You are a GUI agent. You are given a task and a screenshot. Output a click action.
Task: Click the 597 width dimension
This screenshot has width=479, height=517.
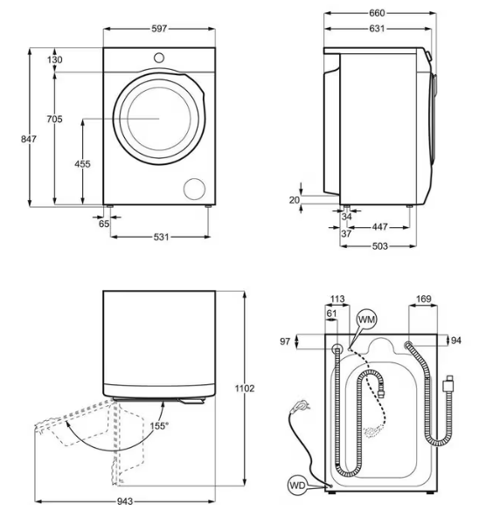point(158,29)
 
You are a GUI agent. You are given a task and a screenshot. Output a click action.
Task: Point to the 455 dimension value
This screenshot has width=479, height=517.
point(83,164)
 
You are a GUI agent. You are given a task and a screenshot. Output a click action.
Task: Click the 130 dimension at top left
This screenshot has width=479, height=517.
point(55,59)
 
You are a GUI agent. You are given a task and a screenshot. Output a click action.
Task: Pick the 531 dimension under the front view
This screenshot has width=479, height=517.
point(158,237)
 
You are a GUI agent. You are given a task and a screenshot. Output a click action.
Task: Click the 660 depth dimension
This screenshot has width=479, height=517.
point(378,13)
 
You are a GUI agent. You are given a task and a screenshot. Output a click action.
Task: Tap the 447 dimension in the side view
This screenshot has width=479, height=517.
point(379,226)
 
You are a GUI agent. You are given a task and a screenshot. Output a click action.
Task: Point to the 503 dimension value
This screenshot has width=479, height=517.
point(377,246)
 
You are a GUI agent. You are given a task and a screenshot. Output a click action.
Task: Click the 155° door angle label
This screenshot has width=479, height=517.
point(158,425)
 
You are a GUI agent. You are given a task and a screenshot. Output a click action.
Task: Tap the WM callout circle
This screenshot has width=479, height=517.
point(367,321)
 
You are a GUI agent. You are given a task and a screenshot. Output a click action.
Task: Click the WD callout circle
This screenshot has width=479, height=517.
point(297,485)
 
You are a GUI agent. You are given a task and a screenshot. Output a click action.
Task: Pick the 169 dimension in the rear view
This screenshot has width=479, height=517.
point(423,300)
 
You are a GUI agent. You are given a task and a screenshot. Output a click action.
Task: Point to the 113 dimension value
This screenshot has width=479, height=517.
point(337,300)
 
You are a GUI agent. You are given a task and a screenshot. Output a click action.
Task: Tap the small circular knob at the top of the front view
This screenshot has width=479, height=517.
point(159,57)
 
